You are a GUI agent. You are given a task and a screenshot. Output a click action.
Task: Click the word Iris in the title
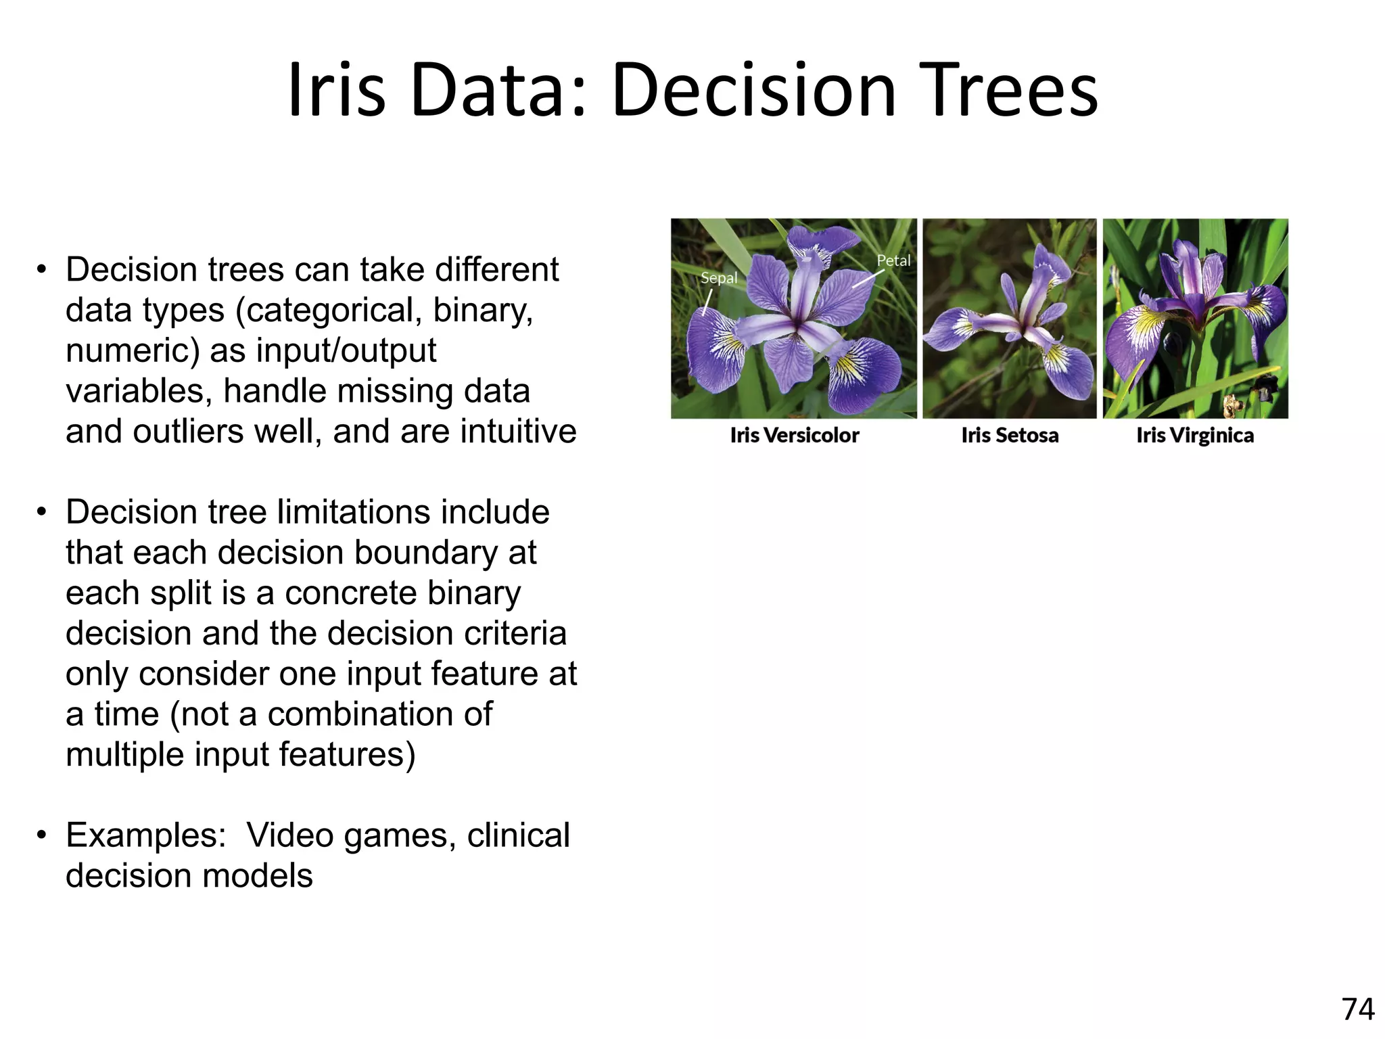(x=336, y=91)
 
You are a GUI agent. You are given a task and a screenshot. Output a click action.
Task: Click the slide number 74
(x=1357, y=1009)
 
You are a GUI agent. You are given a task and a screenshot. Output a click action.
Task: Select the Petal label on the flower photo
(x=893, y=261)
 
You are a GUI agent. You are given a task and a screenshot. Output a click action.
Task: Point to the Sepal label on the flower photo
(x=718, y=278)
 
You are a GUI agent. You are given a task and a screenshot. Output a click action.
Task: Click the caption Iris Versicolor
(x=794, y=435)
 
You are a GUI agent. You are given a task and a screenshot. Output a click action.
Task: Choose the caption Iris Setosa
(x=1010, y=435)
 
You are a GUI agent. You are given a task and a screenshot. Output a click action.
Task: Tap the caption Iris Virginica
(x=1195, y=435)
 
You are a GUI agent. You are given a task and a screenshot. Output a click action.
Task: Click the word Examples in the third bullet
(x=145, y=835)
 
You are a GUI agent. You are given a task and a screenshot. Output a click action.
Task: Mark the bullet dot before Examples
(x=42, y=835)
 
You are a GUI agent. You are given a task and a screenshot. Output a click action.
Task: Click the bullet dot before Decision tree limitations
(x=42, y=512)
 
